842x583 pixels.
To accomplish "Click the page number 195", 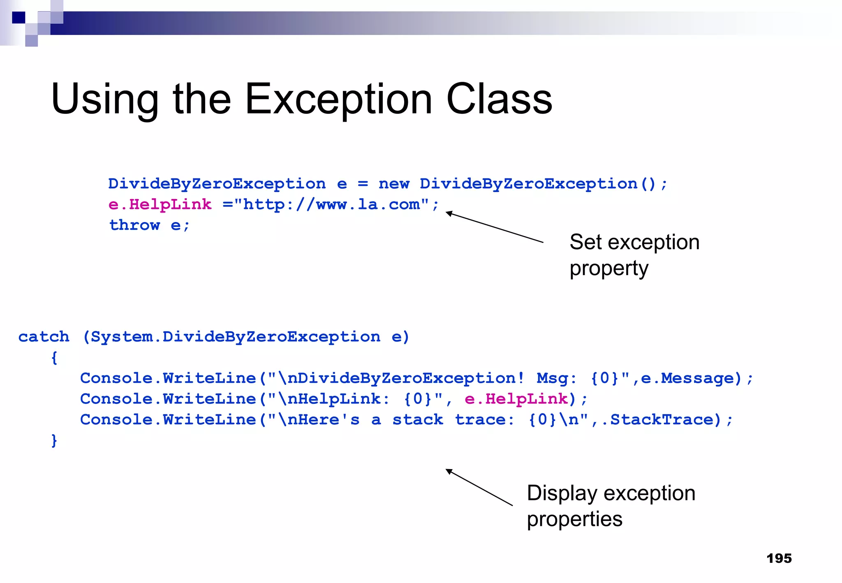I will click(779, 558).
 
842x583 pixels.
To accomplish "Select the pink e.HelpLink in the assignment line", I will click(160, 204).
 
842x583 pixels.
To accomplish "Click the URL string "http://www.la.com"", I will click(331, 204).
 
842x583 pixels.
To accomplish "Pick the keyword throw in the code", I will click(134, 225).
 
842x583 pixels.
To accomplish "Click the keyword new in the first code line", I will click(393, 184).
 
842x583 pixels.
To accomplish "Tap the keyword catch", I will click(44, 337).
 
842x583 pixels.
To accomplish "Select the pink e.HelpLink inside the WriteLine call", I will click(516, 399).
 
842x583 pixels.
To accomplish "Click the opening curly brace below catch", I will click(54, 358).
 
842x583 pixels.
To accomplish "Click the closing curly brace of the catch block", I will click(54, 440).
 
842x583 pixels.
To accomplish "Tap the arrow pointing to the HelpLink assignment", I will click(493, 227).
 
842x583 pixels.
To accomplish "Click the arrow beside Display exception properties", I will click(479, 487).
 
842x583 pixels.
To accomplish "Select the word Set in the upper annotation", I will click(585, 242).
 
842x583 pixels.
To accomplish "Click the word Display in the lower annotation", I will click(562, 493).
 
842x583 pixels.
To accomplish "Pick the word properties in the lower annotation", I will click(574, 519).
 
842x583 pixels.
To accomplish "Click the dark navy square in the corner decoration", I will click(19, 18).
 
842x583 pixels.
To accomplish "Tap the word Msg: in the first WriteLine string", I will click(556, 378).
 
